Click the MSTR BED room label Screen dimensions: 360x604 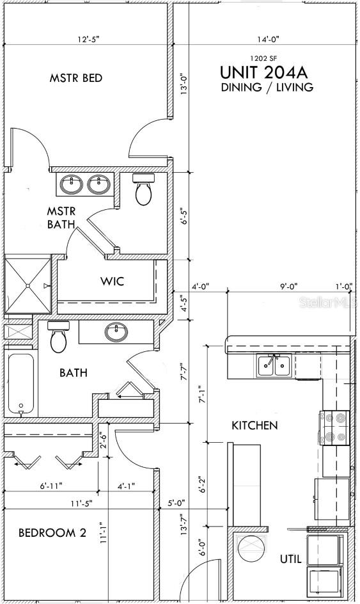(76, 78)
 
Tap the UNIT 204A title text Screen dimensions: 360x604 (263, 72)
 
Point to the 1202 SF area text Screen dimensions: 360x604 (263, 59)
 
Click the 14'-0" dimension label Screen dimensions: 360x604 (268, 39)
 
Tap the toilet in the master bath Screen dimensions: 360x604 (143, 189)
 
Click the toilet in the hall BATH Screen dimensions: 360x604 (59, 337)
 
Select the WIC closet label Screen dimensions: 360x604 (113, 281)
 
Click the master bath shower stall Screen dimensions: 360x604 (28, 285)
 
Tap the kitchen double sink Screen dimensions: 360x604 (274, 365)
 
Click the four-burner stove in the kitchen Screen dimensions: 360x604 (334, 427)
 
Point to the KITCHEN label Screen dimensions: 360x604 (254, 425)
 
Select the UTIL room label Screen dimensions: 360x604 (291, 559)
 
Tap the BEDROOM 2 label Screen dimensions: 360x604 (52, 533)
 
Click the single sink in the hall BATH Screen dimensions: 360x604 (116, 331)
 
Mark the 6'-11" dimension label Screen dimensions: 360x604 (51, 486)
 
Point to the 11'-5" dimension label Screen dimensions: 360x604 (81, 503)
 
